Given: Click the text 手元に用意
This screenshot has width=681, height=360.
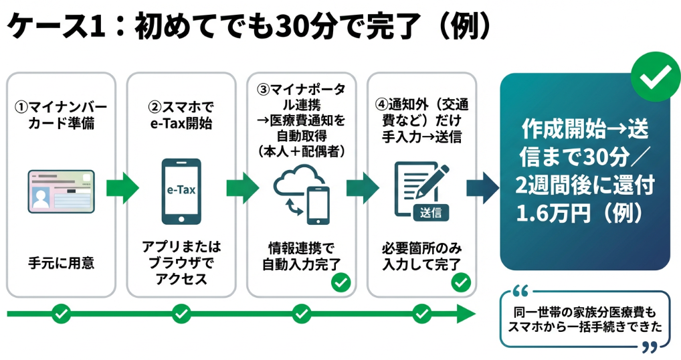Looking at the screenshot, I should [60, 263].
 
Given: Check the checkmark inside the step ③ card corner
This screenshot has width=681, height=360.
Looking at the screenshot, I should [340, 282].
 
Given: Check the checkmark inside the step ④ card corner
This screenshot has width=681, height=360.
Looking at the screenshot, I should [460, 282].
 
